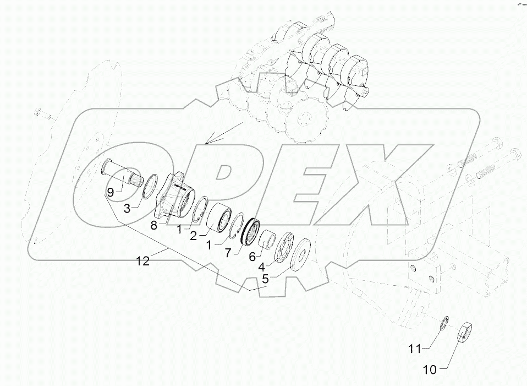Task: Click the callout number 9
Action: [x=111, y=192]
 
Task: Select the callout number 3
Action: [x=127, y=208]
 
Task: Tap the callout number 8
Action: [x=154, y=225]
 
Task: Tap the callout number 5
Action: [x=265, y=279]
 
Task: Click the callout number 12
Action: [x=143, y=262]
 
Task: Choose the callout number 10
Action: [x=430, y=370]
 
